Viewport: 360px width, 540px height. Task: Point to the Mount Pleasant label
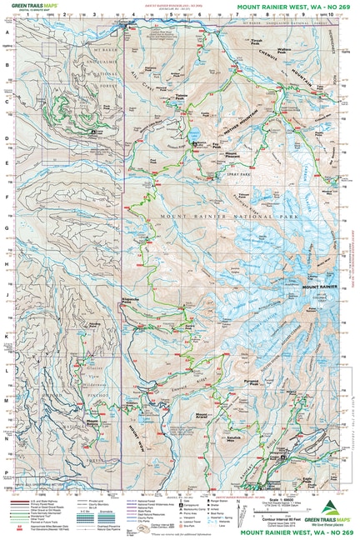(237, 154)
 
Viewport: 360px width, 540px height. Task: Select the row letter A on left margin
(7, 32)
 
